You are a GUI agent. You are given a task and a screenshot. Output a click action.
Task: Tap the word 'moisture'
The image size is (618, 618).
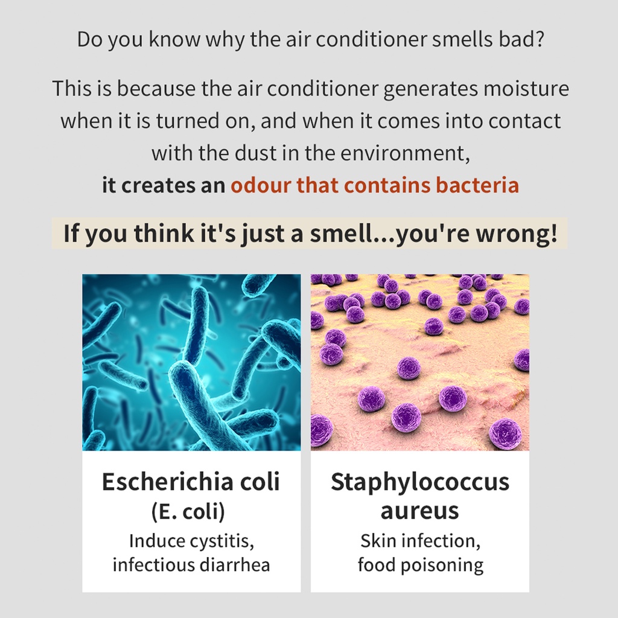pyautogui.click(x=526, y=88)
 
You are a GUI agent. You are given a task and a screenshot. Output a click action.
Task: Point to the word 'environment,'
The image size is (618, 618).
pyautogui.click(x=405, y=153)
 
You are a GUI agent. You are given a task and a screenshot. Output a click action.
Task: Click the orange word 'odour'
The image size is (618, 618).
pyautogui.click(x=261, y=185)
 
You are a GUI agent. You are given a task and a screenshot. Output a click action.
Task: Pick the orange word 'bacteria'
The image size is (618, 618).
pyautogui.click(x=477, y=185)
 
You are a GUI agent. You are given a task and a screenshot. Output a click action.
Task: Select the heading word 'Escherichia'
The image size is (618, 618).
pyautogui.click(x=167, y=481)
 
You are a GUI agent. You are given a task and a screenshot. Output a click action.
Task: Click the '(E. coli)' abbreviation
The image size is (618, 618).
pyautogui.click(x=188, y=511)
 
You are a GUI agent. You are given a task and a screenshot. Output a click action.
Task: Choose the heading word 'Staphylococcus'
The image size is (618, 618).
pyautogui.click(x=420, y=482)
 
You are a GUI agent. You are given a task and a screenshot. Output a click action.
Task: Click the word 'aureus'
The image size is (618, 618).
pyautogui.click(x=419, y=511)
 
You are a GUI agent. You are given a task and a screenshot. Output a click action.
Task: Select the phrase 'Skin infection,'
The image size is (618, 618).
pyautogui.click(x=420, y=541)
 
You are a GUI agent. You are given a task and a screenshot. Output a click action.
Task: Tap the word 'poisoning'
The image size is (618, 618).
pyautogui.click(x=442, y=565)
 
